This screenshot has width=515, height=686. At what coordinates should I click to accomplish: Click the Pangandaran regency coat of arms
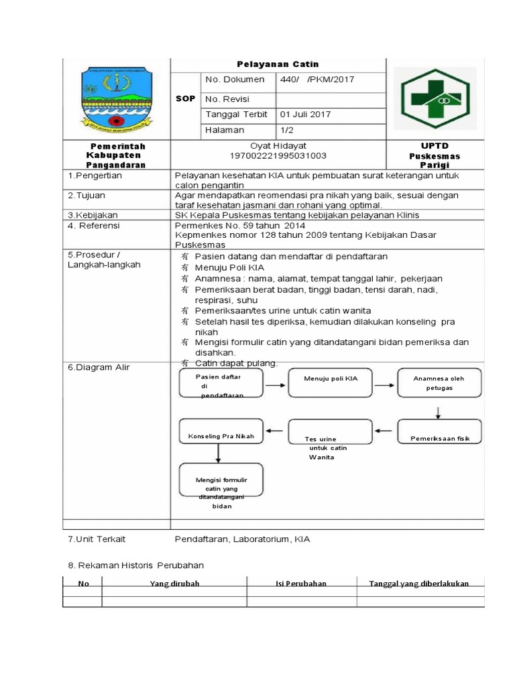coord(115,98)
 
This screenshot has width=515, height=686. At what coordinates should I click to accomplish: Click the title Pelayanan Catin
coord(277,64)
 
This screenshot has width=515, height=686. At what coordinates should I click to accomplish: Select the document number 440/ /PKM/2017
coord(317,80)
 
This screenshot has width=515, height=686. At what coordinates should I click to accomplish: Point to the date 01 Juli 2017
coord(305,115)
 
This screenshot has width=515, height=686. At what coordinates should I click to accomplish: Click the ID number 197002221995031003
coord(277,155)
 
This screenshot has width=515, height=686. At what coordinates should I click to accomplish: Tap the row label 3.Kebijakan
coord(93,215)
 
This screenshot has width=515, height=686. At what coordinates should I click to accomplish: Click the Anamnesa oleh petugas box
coord(439,383)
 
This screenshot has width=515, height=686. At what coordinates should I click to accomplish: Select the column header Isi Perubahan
coord(301,584)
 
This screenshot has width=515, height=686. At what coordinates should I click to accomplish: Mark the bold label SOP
coord(185,98)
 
